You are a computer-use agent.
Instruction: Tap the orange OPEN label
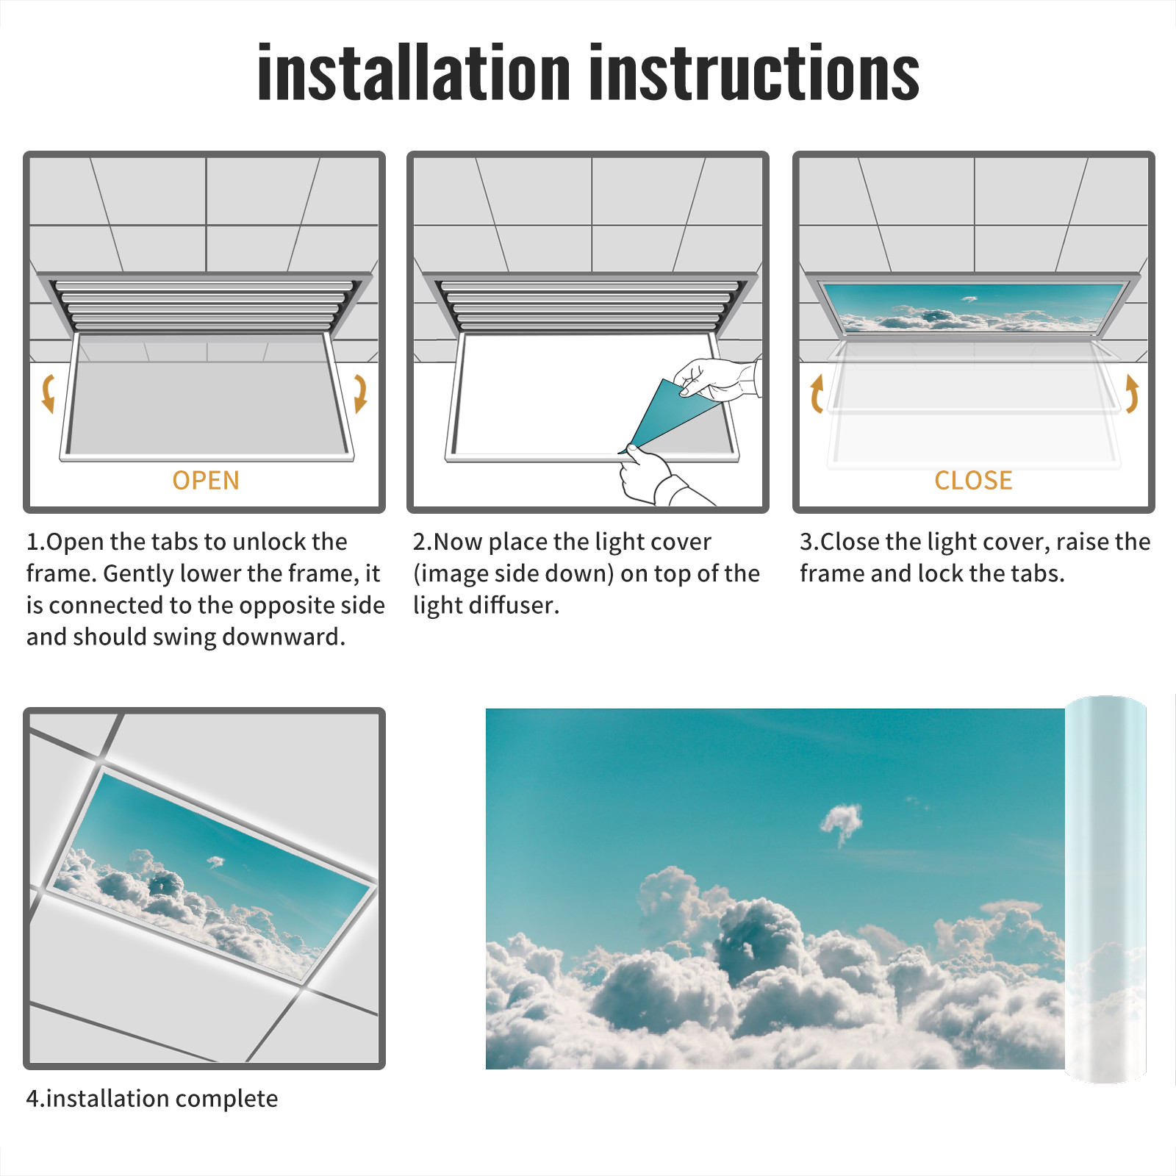tap(206, 480)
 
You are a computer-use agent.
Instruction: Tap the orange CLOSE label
tap(973, 480)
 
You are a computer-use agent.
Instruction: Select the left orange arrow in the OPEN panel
tap(48, 393)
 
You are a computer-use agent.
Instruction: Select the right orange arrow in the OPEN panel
tap(360, 393)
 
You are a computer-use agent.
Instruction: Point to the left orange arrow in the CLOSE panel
tap(817, 393)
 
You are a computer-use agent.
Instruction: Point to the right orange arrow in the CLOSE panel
tap(1132, 393)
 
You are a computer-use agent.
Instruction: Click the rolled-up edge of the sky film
tap(1105, 889)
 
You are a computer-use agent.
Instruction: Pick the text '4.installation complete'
tap(152, 1099)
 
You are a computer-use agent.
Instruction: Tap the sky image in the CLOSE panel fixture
tap(973, 307)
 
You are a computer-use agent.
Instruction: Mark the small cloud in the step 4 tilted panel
tap(215, 861)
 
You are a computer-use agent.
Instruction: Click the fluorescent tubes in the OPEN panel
tap(204, 306)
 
